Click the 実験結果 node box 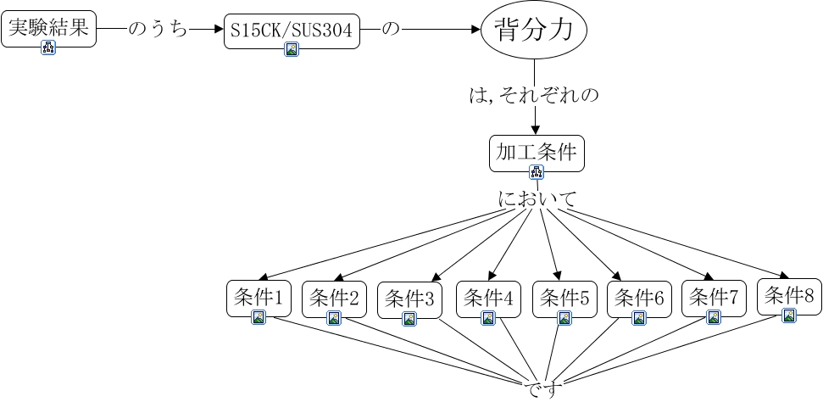49,29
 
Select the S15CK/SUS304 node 292,31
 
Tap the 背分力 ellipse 534,30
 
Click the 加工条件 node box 537,154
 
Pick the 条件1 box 259,299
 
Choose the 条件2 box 334,299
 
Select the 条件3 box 409,300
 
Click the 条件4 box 488,299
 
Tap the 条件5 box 564,299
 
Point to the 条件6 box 639,299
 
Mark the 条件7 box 714,299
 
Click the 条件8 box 789,297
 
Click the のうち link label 158,30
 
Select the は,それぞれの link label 534,96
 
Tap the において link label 537,199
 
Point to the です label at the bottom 541,391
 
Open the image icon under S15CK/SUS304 292,49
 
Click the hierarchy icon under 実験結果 49,47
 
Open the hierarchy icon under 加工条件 537,172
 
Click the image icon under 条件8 789,315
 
